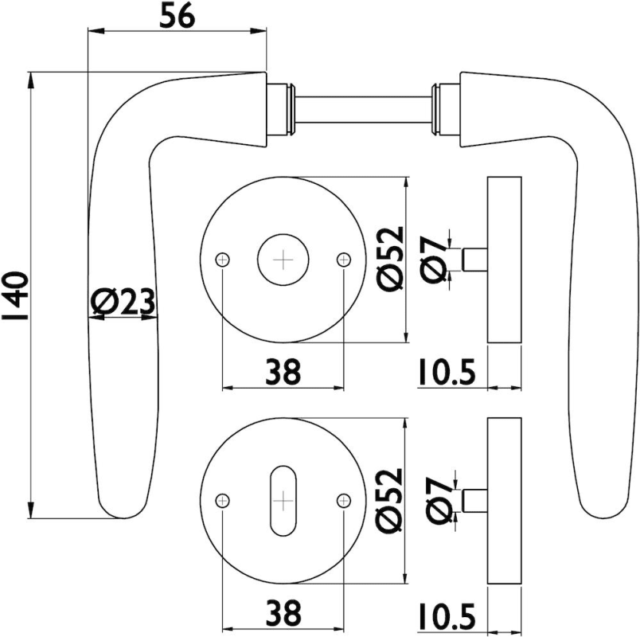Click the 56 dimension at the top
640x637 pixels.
[178, 16]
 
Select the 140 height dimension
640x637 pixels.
[15, 295]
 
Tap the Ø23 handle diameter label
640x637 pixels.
[123, 303]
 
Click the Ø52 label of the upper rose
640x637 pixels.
[391, 260]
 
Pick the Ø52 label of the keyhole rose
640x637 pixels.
[391, 500]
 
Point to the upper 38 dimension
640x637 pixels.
[283, 372]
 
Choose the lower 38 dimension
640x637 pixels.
[283, 612]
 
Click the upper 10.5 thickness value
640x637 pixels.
[447, 372]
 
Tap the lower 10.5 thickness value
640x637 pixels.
[447, 616]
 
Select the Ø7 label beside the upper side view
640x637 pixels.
[435, 260]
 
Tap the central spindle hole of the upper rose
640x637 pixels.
[283, 260]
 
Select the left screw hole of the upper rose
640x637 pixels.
[222, 260]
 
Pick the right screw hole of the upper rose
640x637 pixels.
[344, 260]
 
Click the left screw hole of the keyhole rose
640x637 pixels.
[222, 500]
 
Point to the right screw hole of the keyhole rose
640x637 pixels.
[344, 500]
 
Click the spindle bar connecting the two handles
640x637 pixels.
[363, 109]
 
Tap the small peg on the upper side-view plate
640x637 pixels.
[474, 260]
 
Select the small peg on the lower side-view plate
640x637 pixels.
[474, 500]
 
